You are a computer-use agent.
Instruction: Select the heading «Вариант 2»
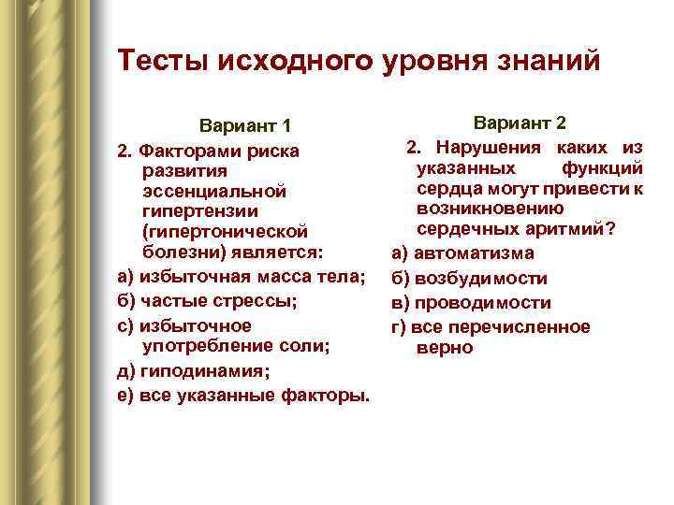[x=520, y=123]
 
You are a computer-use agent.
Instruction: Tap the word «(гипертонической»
[x=224, y=232]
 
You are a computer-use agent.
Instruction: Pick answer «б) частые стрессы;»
[x=207, y=301]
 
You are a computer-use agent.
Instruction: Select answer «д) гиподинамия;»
[x=192, y=371]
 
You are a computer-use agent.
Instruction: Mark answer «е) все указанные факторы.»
[x=242, y=396]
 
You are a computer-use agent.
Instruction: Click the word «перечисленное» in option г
[x=533, y=326]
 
